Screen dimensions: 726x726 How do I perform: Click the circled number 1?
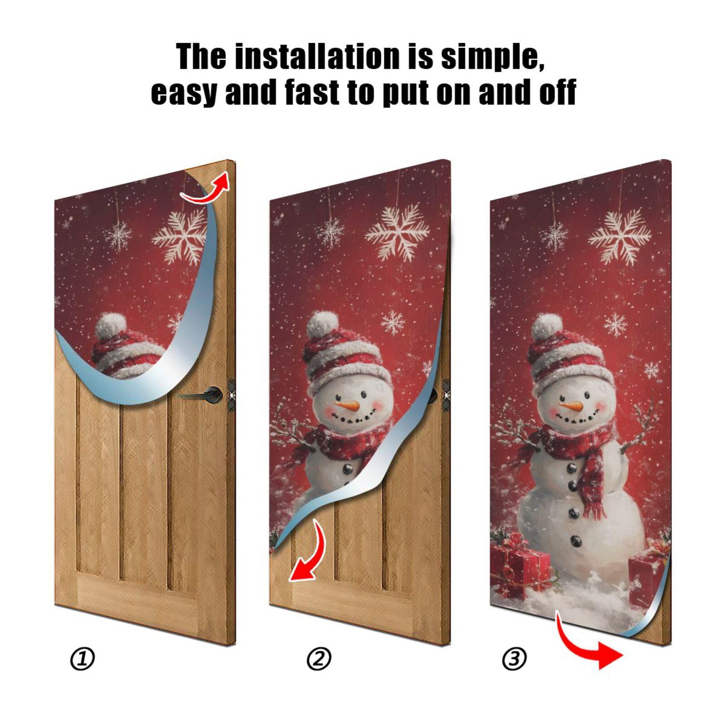tap(83, 659)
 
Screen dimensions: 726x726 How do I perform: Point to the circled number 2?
tap(319, 659)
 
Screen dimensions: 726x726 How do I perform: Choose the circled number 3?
tap(514, 659)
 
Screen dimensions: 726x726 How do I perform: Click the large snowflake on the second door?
tap(397, 231)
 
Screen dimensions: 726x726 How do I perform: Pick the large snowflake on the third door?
tap(620, 236)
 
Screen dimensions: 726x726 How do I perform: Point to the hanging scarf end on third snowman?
tap(595, 490)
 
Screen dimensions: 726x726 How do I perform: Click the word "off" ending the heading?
tap(557, 92)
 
